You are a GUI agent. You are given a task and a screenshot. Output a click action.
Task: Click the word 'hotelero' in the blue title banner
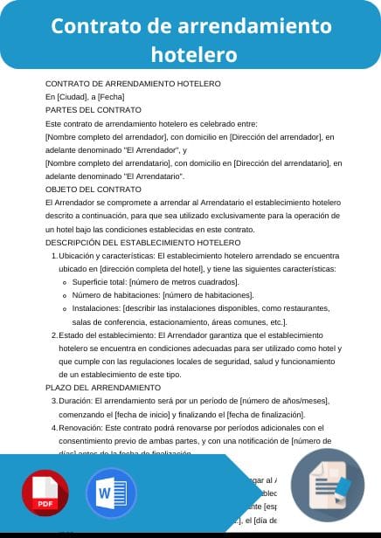pos(194,54)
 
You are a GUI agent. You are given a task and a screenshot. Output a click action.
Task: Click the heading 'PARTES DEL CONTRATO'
pos(93,110)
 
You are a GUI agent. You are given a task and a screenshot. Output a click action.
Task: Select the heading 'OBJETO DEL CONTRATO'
pos(93,189)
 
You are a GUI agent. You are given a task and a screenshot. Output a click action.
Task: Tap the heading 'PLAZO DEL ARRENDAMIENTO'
pos(97,387)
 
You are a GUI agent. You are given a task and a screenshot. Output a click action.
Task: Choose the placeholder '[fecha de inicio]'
pos(165,413)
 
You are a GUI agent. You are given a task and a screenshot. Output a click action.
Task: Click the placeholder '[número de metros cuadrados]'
pos(184,282)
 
